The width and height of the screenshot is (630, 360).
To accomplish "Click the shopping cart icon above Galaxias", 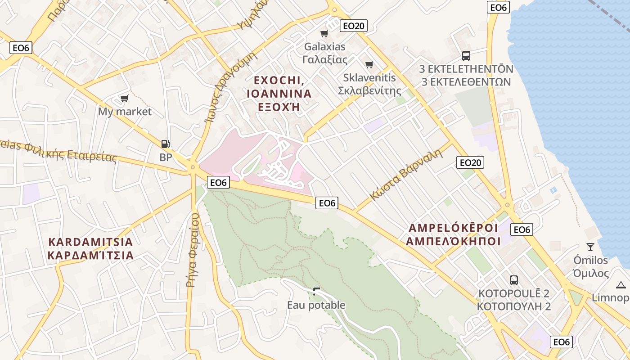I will tap(324, 33).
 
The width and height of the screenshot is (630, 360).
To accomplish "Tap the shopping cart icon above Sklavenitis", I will tap(369, 64).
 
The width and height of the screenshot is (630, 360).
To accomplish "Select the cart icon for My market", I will tap(125, 98).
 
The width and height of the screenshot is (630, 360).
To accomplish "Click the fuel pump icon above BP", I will tap(166, 144).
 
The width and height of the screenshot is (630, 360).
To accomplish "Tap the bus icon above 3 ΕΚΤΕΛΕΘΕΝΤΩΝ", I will tap(466, 56).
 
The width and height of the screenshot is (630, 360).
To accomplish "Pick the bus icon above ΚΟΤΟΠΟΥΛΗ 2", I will tap(514, 280).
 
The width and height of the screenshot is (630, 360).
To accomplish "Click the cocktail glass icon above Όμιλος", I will tap(590, 247).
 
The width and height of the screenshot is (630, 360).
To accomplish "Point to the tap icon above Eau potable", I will tap(316, 291).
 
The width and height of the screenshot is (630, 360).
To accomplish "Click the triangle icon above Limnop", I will tap(621, 284).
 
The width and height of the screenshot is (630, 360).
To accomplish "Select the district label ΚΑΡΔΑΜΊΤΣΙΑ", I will tap(90, 256).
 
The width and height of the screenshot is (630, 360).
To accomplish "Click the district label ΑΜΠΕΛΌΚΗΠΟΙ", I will tap(453, 241).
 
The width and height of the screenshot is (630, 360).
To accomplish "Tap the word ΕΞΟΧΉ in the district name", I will tap(279, 108).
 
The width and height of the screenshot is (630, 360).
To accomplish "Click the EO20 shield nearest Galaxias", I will tap(354, 26).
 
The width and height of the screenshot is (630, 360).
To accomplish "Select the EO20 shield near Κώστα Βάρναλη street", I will tap(470, 162).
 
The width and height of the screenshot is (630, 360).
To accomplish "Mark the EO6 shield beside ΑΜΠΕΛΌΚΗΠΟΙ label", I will tap(522, 229).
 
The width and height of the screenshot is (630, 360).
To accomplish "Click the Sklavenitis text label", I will tap(369, 77).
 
